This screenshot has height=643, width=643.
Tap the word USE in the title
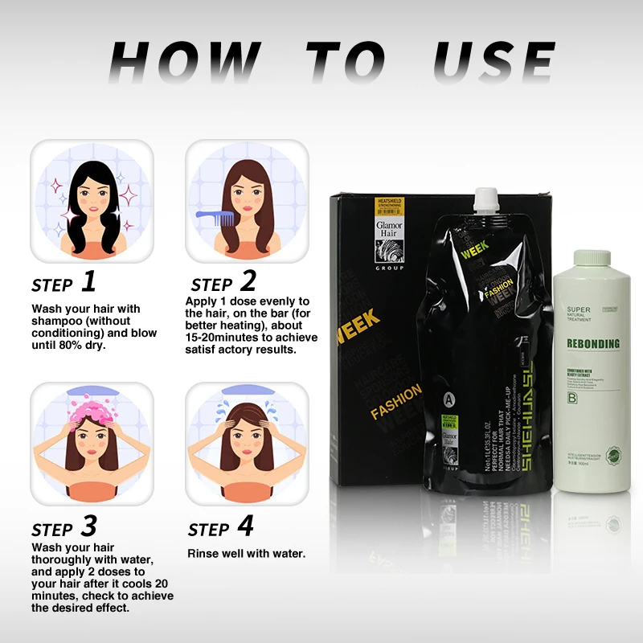pyautogui.click(x=494, y=63)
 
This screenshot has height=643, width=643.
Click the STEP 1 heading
pyautogui.click(x=63, y=283)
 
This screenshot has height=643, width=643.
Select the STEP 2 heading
pyautogui.click(x=223, y=283)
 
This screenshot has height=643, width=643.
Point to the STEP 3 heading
pyautogui.click(x=63, y=528)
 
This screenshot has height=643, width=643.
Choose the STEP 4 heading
pyautogui.click(x=220, y=528)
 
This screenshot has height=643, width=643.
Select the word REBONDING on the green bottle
pyautogui.click(x=593, y=344)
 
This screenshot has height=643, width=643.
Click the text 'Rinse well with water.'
pyautogui.click(x=246, y=554)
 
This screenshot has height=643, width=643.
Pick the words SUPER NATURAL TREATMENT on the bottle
pyautogui.click(x=584, y=314)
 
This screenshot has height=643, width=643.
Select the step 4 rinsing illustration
pyautogui.click(x=247, y=443)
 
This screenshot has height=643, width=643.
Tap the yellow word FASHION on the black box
pyautogui.click(x=395, y=401)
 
